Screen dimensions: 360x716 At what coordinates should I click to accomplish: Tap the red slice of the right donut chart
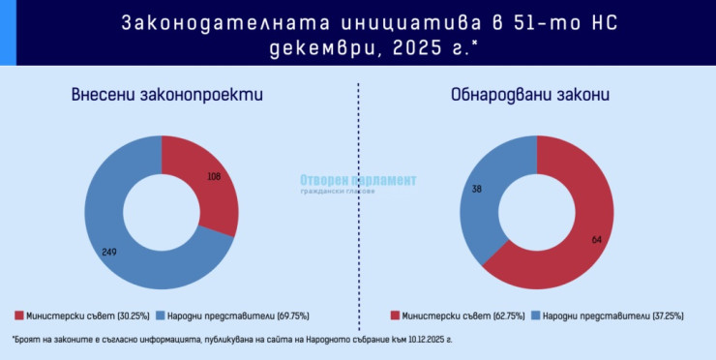[571, 223]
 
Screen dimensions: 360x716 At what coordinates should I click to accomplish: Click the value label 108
[215, 177]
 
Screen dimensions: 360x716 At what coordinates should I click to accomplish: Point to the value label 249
[110, 252]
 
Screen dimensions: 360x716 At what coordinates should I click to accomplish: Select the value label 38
[475, 188]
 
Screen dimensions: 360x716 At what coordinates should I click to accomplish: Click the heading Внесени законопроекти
[166, 95]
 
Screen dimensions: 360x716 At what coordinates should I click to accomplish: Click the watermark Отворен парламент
[357, 180]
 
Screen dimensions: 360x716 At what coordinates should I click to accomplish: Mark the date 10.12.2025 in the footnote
[459, 341]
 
